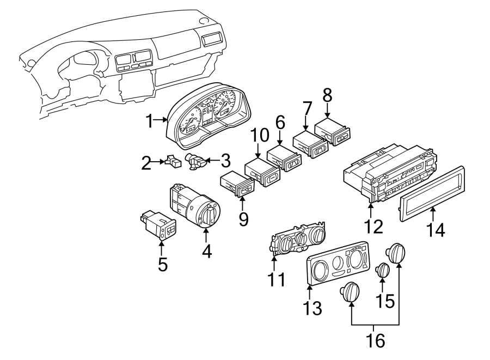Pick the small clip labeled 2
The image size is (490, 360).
(174, 161)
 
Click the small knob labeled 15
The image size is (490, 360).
(383, 270)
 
